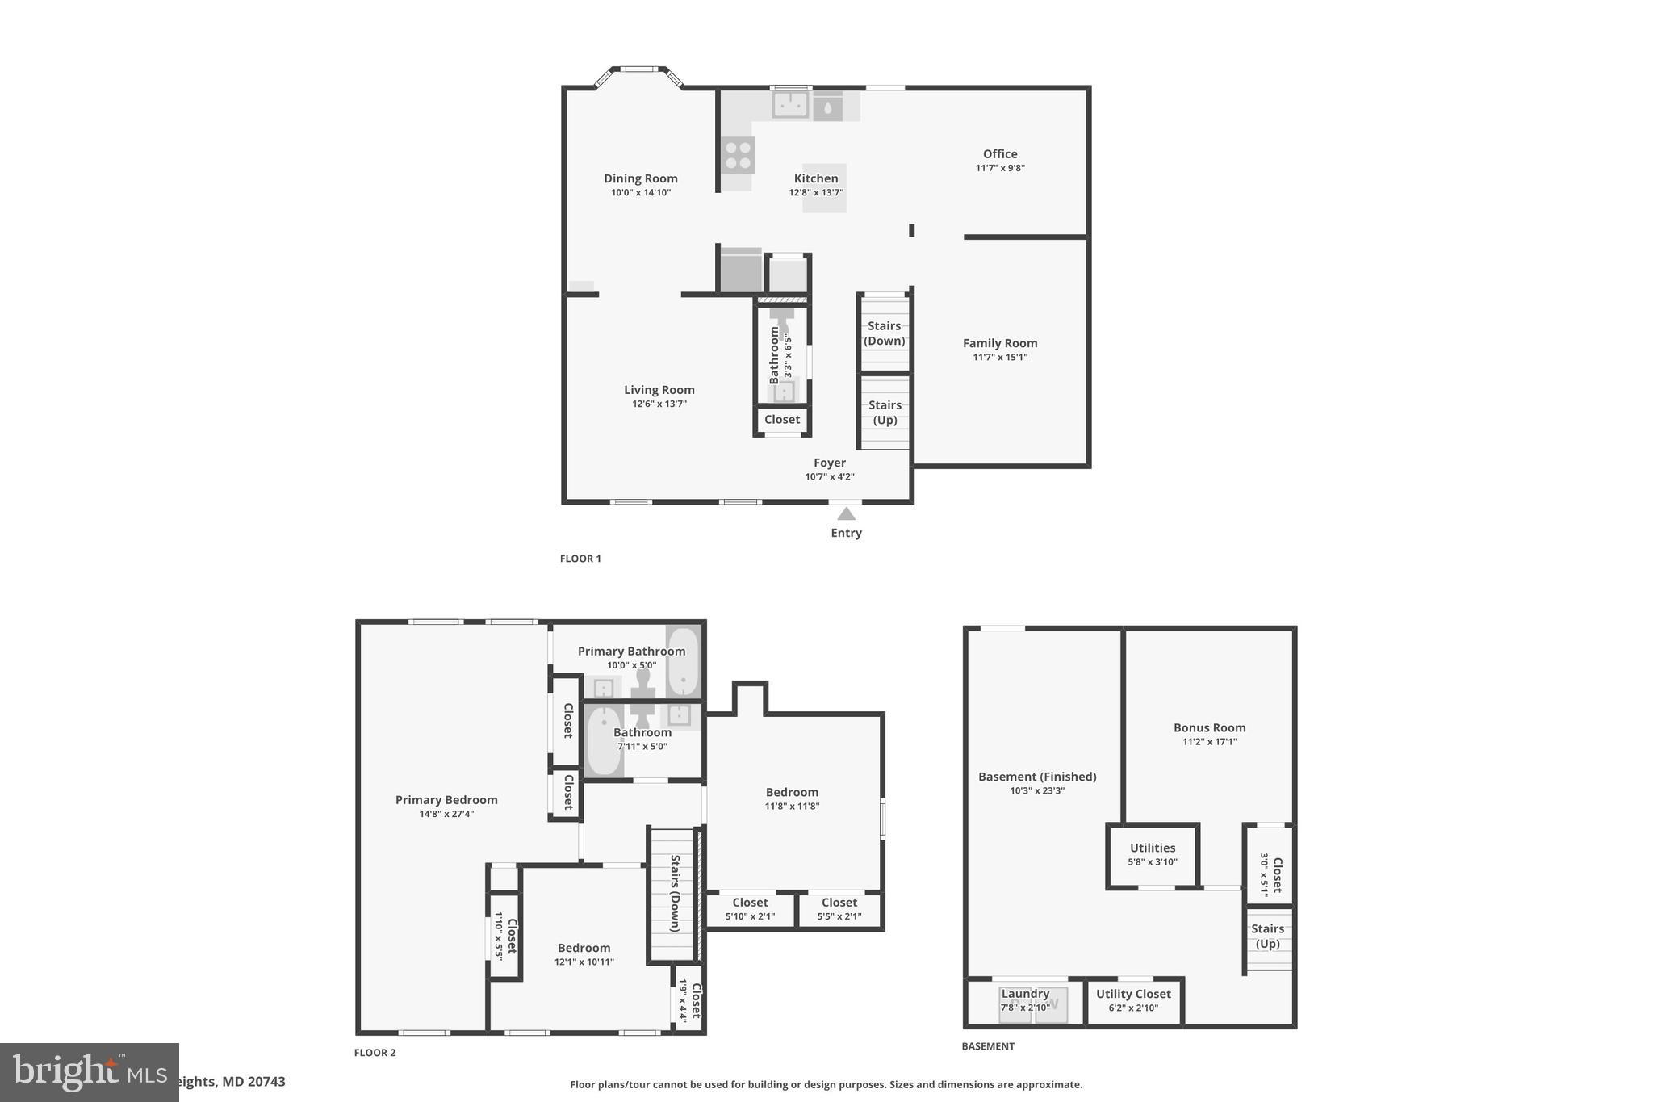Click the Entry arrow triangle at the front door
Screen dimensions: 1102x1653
(x=846, y=514)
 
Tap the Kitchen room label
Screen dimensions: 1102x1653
(x=816, y=178)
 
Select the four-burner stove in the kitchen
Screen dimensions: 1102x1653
(x=738, y=155)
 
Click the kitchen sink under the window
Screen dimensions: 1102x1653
(x=790, y=104)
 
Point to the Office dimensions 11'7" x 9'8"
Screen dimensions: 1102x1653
(x=1000, y=168)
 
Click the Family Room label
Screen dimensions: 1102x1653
(x=1000, y=343)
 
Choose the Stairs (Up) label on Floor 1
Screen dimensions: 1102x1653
(x=885, y=412)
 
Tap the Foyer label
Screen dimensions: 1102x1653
(x=829, y=463)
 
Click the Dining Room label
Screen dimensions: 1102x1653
(x=641, y=178)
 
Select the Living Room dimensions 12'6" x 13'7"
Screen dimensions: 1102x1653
(x=659, y=404)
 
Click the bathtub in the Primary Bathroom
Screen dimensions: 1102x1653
(x=684, y=661)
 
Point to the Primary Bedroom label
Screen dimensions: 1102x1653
(x=446, y=800)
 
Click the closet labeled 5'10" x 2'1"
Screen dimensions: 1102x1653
(x=750, y=909)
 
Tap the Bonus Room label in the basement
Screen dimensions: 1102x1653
(x=1209, y=727)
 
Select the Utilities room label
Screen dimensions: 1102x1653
(x=1152, y=848)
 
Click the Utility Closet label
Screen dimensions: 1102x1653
(x=1133, y=994)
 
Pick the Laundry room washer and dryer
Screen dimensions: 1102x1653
(x=1033, y=1005)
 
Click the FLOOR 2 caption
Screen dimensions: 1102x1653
(x=375, y=1053)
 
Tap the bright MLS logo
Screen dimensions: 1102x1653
(x=89, y=1072)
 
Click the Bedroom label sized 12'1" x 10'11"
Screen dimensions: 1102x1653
(x=584, y=948)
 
